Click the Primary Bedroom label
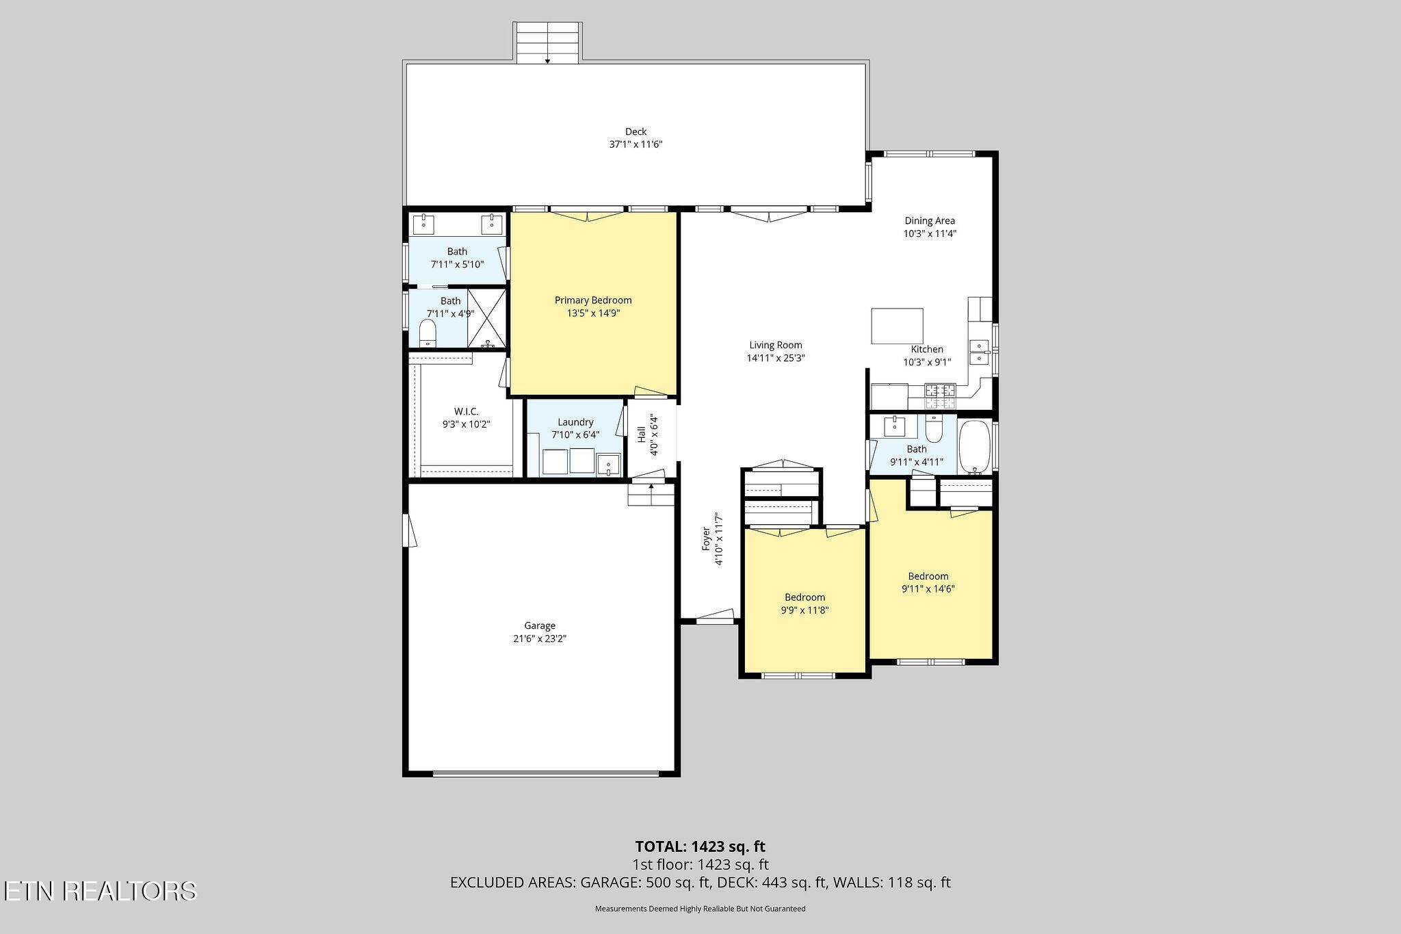point(593,300)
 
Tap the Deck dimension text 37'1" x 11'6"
point(636,144)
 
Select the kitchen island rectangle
point(897,326)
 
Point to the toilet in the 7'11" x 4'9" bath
point(428,335)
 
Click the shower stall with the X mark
point(487,318)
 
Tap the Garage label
point(540,625)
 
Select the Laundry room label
point(575,422)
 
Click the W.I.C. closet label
point(467,411)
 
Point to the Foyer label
point(706,539)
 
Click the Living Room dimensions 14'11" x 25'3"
point(775,358)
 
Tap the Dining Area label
point(930,221)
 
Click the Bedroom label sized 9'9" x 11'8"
point(804,597)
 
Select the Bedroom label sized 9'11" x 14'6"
point(928,576)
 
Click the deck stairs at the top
point(548,42)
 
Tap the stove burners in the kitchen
point(941,391)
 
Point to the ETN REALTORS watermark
point(101,891)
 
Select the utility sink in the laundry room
point(607,464)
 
